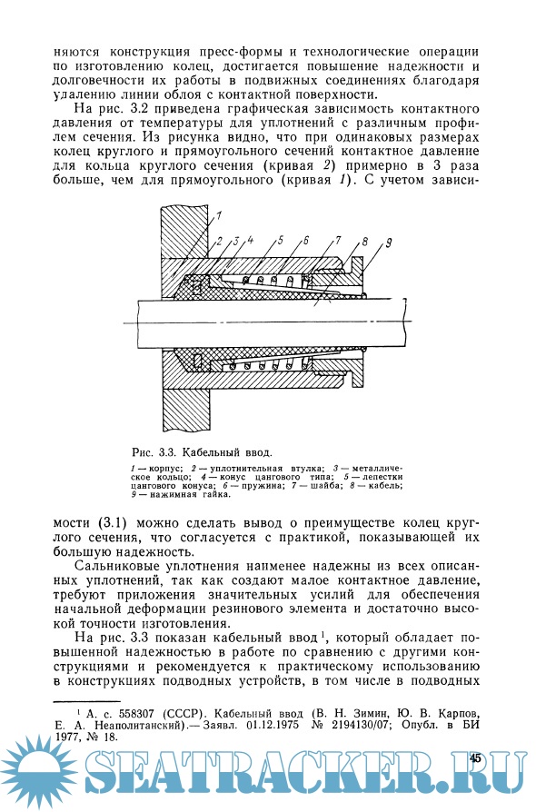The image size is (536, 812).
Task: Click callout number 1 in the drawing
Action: [x=219, y=216]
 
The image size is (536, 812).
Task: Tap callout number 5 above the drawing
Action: [x=280, y=240]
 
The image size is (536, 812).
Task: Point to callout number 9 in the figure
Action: [x=389, y=242]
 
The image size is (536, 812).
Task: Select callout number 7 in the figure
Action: [x=338, y=240]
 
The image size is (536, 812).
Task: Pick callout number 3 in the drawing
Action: [x=234, y=241]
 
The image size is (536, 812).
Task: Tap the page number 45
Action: [x=475, y=758]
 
